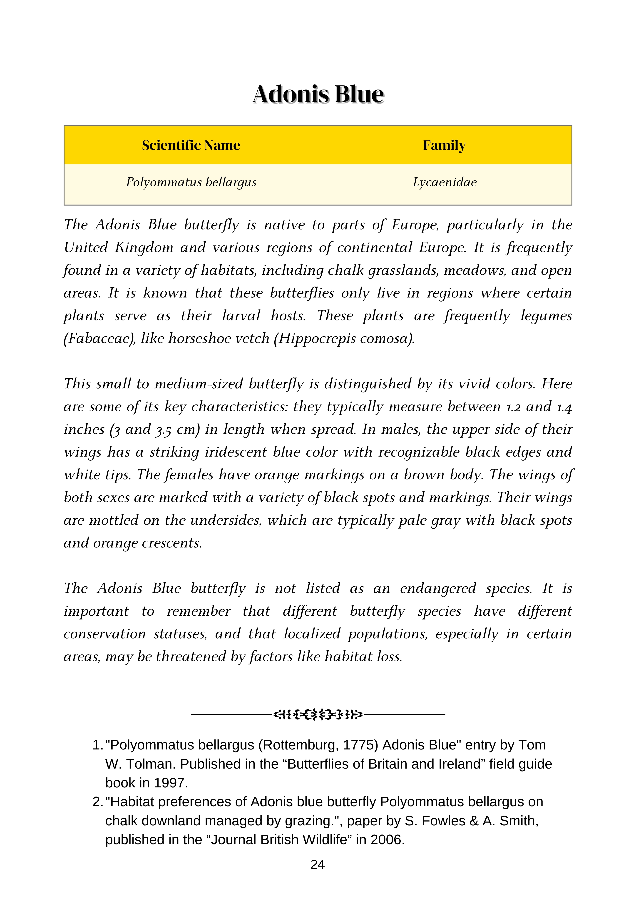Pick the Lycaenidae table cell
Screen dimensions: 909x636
445,182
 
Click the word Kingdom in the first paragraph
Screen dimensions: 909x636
144,248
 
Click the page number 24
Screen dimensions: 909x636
318,865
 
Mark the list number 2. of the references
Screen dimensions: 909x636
97,802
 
